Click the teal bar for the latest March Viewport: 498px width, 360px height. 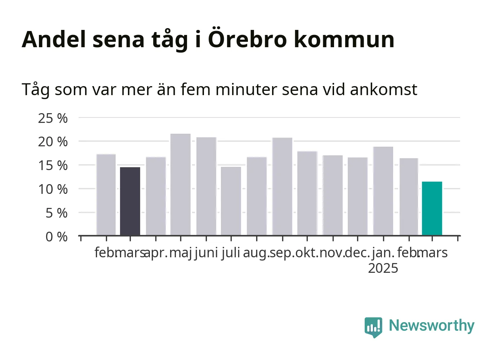432,208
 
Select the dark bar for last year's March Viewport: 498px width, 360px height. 130,201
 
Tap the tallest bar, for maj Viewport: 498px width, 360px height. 181,185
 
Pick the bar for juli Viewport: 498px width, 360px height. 231,201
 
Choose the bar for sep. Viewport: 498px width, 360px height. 283,187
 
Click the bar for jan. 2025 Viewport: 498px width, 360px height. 383,191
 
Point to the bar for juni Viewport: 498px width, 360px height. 206,186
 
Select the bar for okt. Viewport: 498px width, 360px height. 307,193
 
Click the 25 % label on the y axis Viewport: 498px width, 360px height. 53,118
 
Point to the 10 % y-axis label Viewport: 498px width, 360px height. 53,190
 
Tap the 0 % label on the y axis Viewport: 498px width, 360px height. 57,237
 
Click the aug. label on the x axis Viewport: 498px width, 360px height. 256,253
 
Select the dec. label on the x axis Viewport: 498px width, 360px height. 357,253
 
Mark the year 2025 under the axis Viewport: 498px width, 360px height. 383,268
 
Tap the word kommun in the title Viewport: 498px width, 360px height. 344,39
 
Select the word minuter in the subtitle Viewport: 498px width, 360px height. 246,89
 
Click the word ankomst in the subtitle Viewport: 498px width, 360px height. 384,89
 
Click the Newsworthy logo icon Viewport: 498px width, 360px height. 373,327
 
